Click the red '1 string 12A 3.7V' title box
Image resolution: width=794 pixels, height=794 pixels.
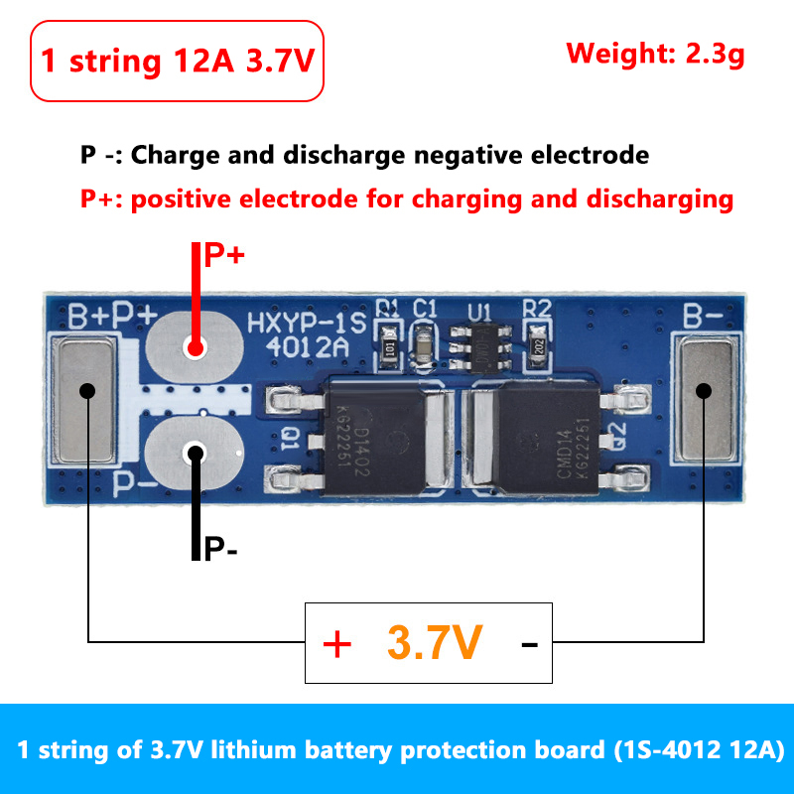click(178, 61)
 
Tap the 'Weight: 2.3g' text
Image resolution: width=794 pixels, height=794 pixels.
click(655, 53)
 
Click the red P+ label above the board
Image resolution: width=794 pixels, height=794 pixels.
click(224, 256)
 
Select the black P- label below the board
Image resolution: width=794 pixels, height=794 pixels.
click(220, 549)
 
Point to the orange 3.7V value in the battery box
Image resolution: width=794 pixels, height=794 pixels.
click(435, 643)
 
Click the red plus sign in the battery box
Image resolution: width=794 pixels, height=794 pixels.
click(337, 645)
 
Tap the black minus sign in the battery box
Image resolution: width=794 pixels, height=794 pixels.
click(529, 645)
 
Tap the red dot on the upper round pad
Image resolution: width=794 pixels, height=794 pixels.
click(195, 347)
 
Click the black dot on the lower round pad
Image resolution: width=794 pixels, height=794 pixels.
click(195, 454)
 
